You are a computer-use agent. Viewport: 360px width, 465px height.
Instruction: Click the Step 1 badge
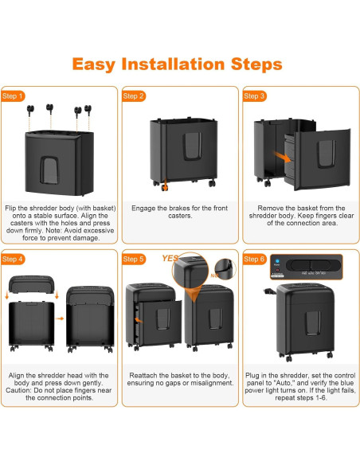[13, 96]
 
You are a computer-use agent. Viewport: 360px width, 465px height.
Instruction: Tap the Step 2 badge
[134, 96]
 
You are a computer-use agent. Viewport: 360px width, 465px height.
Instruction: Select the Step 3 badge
[254, 96]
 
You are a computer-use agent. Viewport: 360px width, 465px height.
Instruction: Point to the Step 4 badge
[13, 260]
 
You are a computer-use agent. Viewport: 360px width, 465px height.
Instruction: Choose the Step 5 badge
[134, 260]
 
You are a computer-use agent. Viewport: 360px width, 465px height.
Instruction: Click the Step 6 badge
[254, 260]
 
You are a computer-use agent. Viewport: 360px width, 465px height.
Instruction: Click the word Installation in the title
[173, 64]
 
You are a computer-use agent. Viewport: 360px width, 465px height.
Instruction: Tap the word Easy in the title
[94, 64]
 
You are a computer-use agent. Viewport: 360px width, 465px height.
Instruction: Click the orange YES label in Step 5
[170, 258]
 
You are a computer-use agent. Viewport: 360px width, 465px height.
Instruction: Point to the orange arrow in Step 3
[282, 157]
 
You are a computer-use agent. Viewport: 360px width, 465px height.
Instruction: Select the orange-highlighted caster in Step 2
[165, 187]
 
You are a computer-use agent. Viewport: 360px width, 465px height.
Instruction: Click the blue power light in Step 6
[277, 261]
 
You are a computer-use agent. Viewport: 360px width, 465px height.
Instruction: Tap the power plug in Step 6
[269, 291]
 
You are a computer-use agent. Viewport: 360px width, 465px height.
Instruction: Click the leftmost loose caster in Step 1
[30, 111]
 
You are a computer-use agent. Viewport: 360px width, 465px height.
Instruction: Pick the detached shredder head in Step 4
[31, 284]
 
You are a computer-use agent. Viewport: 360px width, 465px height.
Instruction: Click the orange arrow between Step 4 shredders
[60, 318]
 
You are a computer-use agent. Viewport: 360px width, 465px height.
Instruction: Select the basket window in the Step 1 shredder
[49, 170]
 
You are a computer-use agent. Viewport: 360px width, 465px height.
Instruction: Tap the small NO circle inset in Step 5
[225, 269]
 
